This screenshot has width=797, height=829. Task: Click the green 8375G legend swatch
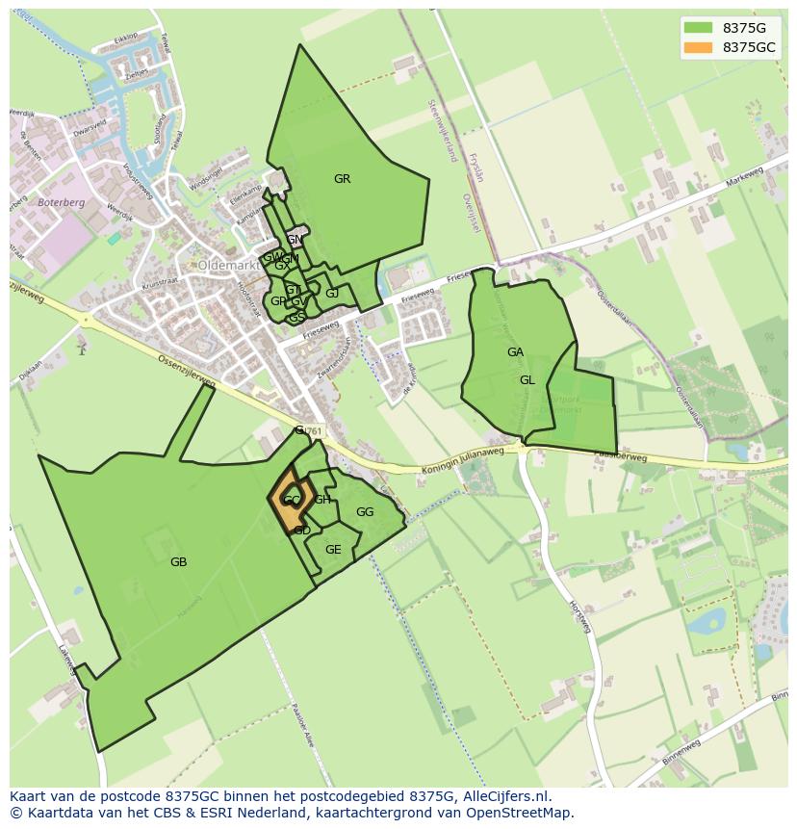(x=699, y=28)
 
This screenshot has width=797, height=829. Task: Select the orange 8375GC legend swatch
(x=699, y=47)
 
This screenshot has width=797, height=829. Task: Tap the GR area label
(x=342, y=179)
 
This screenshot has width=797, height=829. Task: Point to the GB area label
(x=178, y=562)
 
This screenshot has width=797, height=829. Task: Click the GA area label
(x=515, y=352)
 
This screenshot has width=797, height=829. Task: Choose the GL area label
(x=527, y=380)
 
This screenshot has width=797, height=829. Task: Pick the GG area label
(x=365, y=512)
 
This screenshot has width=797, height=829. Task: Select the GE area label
(x=333, y=550)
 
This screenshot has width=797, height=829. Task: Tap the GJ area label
(x=332, y=294)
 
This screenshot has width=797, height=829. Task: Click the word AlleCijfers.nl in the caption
(x=501, y=796)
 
